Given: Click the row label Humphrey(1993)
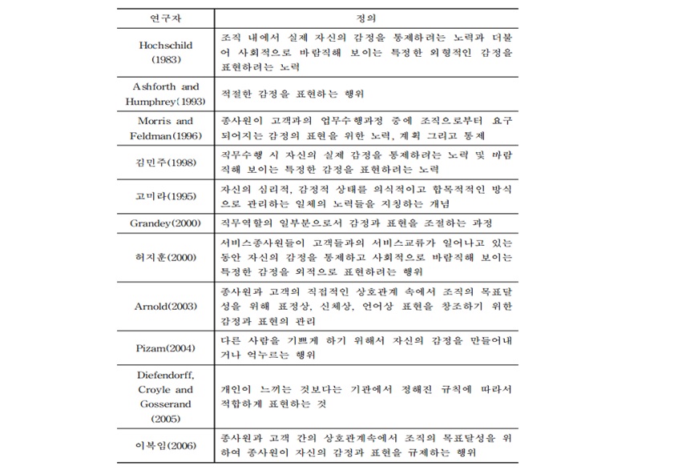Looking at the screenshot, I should tap(165, 102).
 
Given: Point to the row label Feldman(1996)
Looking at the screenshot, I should tap(165, 136).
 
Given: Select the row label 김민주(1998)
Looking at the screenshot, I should tap(165, 163).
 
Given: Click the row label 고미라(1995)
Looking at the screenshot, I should tap(165, 195).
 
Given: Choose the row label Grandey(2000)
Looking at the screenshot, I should tap(165, 223).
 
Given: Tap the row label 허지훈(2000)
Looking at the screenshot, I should tap(165, 257).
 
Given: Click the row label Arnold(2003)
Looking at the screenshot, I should tap(165, 306).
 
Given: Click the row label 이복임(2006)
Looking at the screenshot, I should tap(165, 445).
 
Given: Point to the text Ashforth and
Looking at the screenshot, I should tap(165, 86).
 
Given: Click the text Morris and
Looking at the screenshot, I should tap(165, 121).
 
